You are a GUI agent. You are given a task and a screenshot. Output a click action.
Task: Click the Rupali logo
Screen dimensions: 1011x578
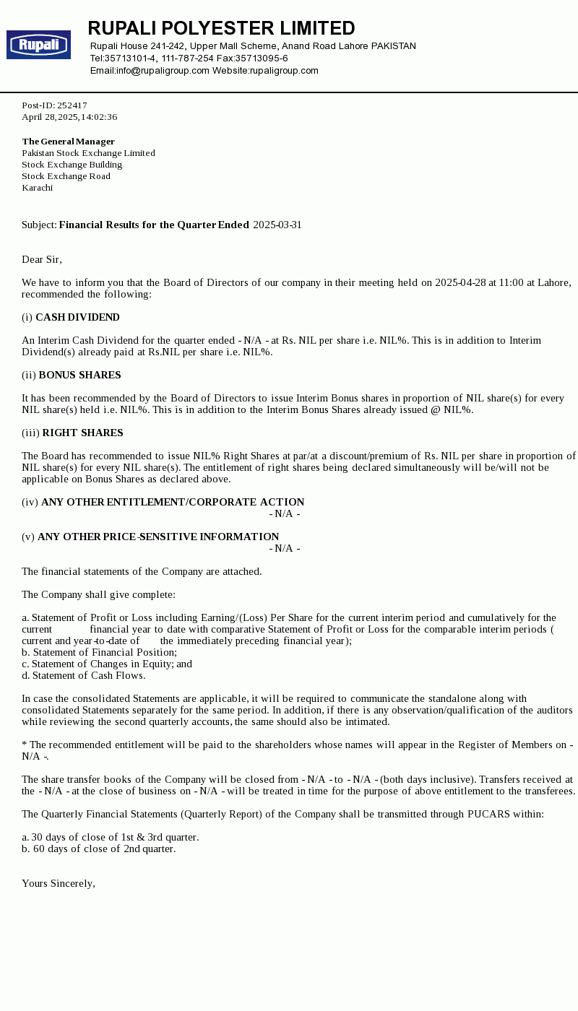pos(38,45)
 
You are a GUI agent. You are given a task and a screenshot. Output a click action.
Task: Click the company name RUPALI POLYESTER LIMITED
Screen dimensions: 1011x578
pos(221,29)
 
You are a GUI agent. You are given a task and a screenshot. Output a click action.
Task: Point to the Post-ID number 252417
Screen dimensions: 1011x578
pos(72,105)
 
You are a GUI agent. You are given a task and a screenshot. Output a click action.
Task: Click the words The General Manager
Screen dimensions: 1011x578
pos(69,142)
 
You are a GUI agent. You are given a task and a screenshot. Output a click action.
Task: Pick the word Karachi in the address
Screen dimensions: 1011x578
pos(38,188)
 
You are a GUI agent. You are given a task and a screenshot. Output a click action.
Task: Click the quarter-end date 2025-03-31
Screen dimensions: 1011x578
pos(277,225)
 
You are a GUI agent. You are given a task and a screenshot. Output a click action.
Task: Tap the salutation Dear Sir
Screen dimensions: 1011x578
pos(42,259)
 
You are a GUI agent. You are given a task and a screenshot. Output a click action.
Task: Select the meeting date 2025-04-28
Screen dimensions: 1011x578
pos(460,282)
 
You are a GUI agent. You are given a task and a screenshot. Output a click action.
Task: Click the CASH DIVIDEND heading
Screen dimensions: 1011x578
pos(77,317)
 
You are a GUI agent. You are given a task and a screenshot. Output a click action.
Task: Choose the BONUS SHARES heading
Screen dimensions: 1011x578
pos(79,375)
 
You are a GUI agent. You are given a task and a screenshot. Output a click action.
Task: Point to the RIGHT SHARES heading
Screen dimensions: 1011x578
pos(82,433)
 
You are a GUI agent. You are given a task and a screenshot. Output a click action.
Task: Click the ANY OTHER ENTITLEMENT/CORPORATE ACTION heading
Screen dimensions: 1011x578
pos(173,502)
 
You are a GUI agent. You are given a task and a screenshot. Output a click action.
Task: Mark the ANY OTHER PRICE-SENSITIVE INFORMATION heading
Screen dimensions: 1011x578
pos(158,537)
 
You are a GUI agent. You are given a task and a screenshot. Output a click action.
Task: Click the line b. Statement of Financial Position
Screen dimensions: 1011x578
pos(99,652)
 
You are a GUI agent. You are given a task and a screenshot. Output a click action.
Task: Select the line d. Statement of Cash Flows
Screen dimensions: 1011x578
pos(84,675)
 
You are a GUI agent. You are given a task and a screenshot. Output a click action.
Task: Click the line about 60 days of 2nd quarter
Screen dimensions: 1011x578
pos(99,849)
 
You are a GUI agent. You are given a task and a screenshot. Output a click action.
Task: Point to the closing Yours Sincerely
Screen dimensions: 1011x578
pos(59,883)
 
